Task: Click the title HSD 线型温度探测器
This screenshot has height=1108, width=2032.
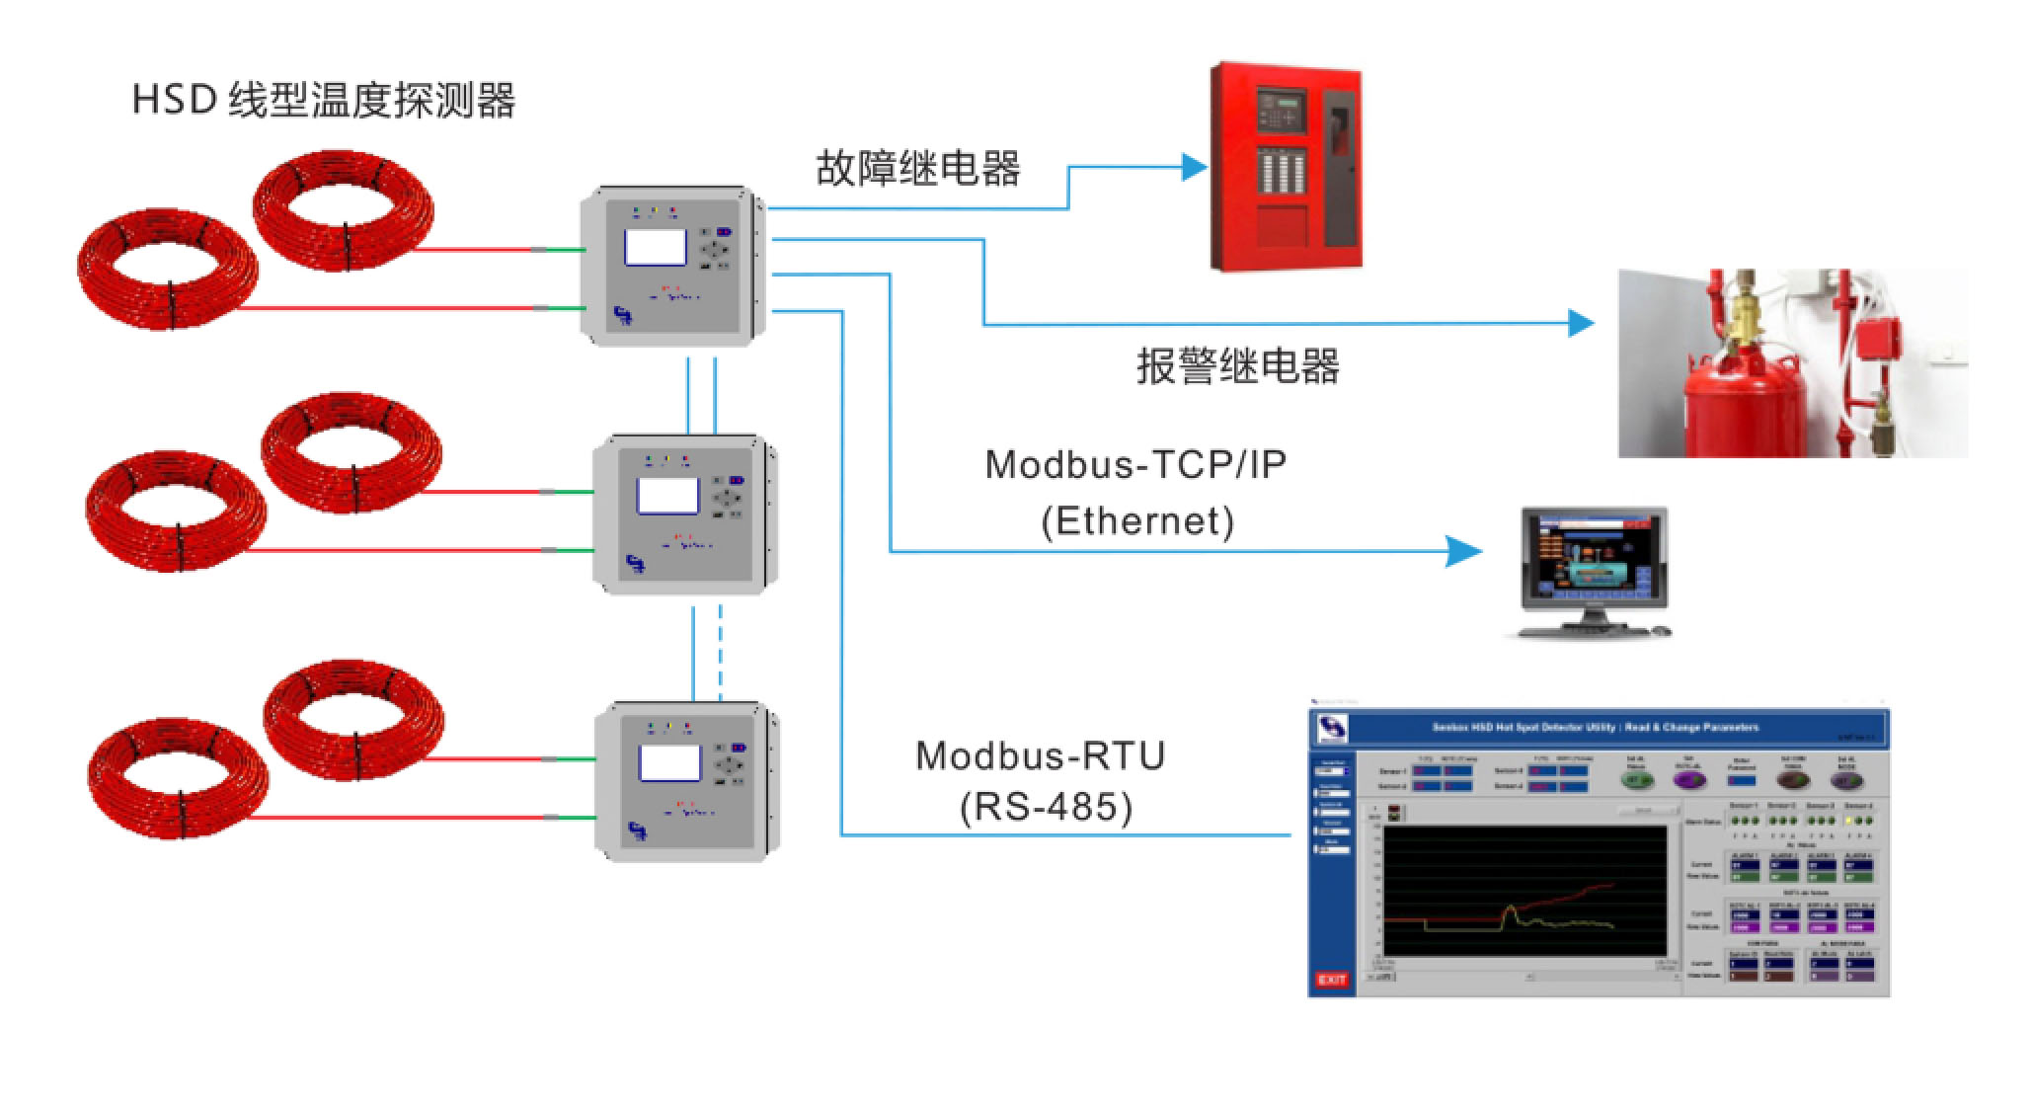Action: (324, 101)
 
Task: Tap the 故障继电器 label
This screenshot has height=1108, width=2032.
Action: (917, 168)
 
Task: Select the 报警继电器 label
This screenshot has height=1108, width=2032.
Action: (1237, 366)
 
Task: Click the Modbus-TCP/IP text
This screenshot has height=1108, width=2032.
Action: (1135, 464)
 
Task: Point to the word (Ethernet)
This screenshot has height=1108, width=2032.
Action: (1137, 520)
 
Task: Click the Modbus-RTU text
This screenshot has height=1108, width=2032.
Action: (1041, 755)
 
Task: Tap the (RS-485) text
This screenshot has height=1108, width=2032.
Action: (1046, 807)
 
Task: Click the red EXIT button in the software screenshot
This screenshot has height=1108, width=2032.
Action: (1331, 979)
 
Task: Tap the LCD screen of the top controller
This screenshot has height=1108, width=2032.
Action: (655, 246)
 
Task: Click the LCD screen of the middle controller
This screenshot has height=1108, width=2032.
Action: (667, 496)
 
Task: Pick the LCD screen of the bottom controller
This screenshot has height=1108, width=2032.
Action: (669, 762)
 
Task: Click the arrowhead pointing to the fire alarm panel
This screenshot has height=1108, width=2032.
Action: (1196, 167)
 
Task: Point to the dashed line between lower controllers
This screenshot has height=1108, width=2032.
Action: (720, 652)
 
